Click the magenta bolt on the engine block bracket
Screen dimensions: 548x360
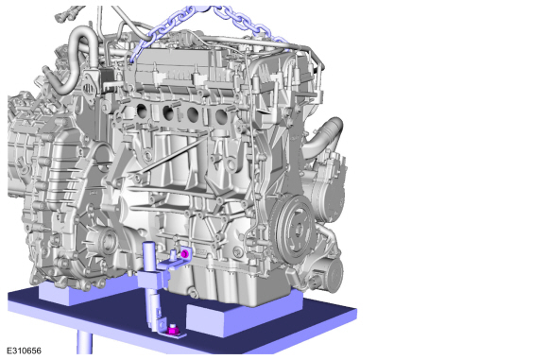click(x=185, y=253)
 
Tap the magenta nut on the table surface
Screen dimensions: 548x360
click(x=172, y=330)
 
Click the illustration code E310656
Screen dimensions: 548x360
click(x=25, y=351)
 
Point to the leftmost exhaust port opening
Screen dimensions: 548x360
click(x=143, y=111)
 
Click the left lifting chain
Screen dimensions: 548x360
click(x=161, y=31)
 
